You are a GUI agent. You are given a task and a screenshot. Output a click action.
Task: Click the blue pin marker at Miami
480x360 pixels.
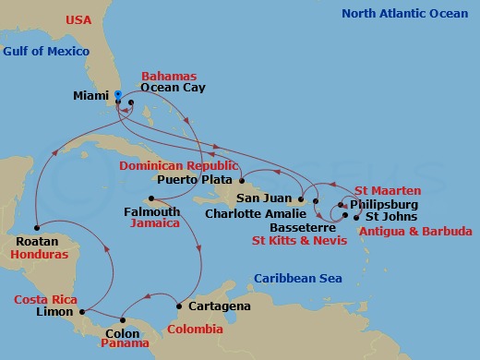pyautogui.click(x=119, y=93)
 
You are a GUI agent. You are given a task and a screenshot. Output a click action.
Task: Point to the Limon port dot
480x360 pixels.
pyautogui.click(x=83, y=311)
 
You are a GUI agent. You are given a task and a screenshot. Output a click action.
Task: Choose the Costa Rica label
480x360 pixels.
pyautogui.click(x=44, y=300)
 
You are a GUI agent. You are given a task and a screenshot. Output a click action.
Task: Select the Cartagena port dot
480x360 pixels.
pyautogui.click(x=178, y=306)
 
